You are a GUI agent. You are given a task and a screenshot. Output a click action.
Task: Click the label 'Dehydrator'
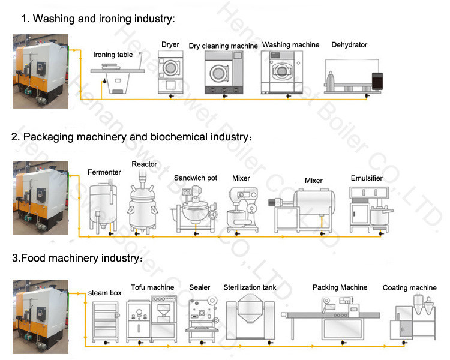tap(349, 45)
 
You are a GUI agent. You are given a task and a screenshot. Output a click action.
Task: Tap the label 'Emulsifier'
tap(367, 178)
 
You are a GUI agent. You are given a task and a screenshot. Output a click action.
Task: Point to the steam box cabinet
tap(106, 321)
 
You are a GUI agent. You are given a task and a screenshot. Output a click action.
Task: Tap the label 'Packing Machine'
tap(340, 287)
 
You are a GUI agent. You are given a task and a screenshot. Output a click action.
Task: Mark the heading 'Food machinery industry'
tap(77, 259)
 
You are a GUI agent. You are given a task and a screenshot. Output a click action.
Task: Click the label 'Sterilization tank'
tap(250, 287)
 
